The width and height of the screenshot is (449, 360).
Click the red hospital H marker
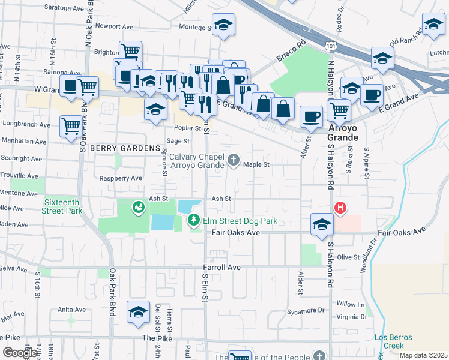(340, 208)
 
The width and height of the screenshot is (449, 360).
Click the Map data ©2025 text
(423, 355)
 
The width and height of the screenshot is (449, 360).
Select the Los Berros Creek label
(394, 341)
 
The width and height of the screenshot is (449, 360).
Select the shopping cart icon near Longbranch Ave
(71, 126)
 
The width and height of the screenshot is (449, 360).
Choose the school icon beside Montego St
(223, 25)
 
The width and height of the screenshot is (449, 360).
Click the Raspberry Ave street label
(121, 178)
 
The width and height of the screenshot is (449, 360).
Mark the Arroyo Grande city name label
(343, 133)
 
